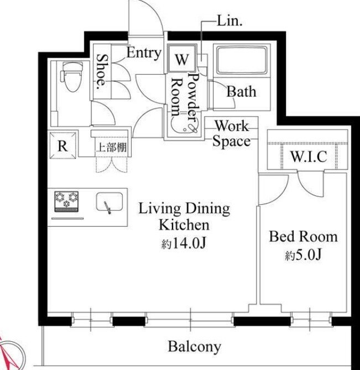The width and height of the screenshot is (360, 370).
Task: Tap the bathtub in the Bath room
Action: pos(242,60)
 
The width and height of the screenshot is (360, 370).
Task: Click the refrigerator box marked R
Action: pos(63,145)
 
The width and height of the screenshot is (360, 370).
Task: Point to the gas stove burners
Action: pos(66,201)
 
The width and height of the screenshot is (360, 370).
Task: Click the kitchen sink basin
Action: pos(109,202)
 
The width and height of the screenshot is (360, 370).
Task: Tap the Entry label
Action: pos(144,53)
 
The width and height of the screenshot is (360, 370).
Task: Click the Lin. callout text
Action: pos(229,21)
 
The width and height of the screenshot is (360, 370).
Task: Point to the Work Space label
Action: pos(232,133)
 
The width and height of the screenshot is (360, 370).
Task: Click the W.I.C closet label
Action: pos(309,156)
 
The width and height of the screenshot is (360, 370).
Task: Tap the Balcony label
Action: pos(195,347)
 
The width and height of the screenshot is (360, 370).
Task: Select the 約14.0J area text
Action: pos(184,243)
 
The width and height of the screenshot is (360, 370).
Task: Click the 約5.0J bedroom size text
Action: pos(303,254)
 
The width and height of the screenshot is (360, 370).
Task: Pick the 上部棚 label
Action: pos(112,148)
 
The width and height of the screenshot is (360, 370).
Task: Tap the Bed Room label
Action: pos(304,237)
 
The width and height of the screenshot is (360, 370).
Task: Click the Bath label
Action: pos(241,92)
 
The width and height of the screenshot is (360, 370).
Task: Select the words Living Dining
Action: pos(184,209)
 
